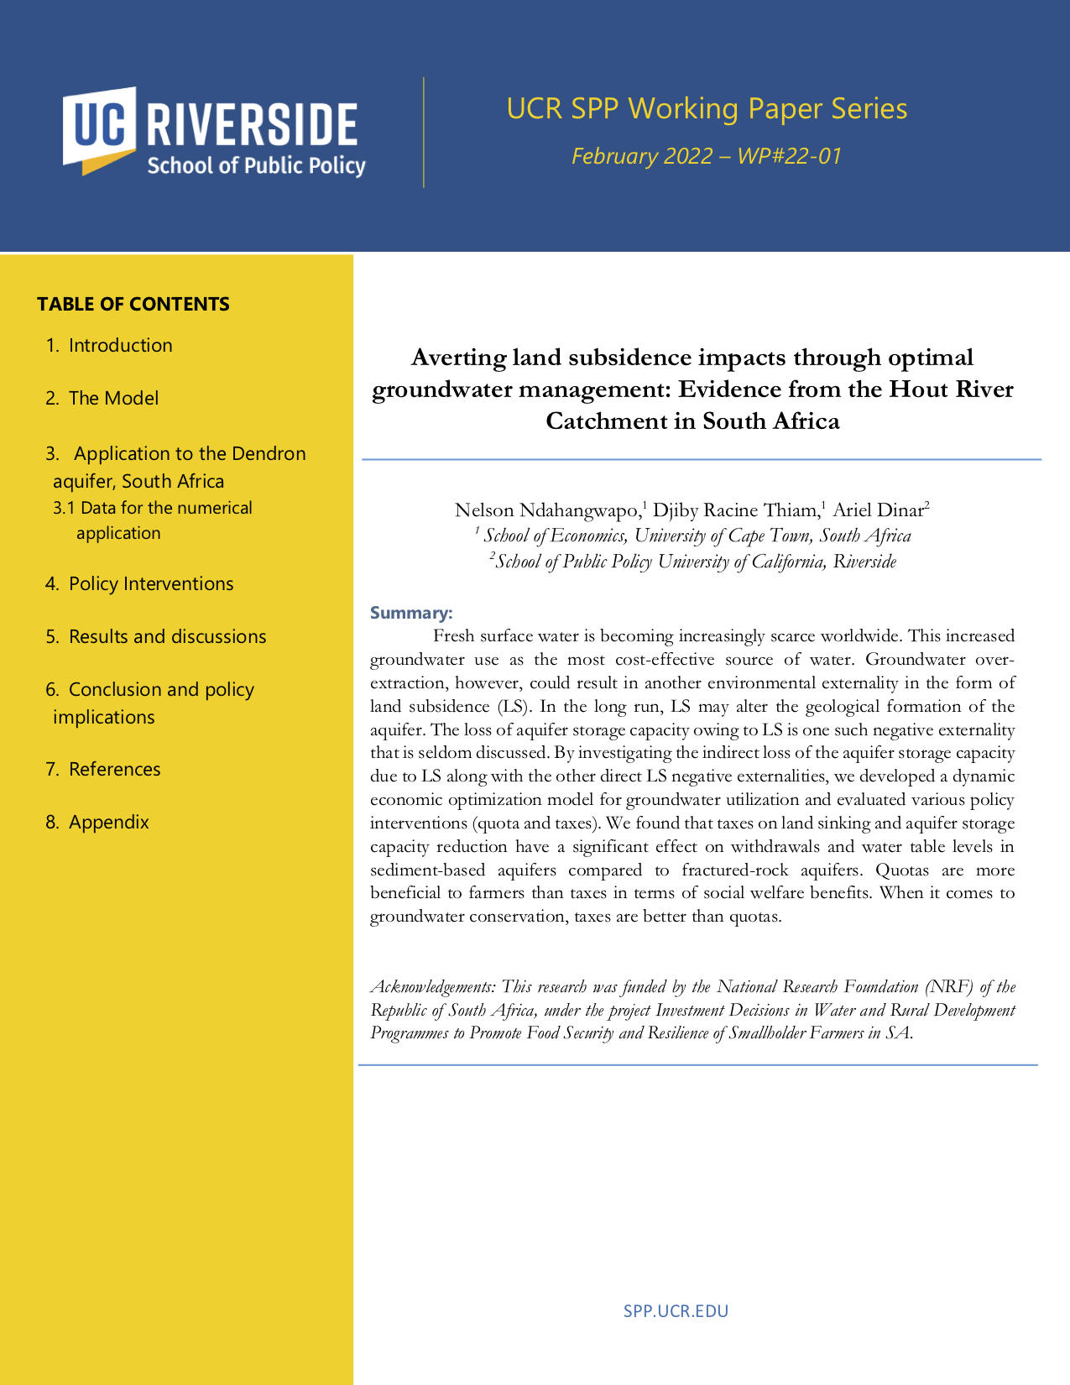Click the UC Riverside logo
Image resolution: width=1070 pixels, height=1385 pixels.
point(214,132)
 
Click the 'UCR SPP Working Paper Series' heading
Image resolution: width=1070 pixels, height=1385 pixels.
point(707,109)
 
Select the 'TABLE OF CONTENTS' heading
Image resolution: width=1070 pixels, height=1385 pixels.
point(133,304)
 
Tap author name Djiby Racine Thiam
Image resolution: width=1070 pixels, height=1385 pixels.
point(735,510)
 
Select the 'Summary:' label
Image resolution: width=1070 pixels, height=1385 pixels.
point(411,613)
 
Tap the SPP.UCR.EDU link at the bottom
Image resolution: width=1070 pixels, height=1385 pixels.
point(676,1311)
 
